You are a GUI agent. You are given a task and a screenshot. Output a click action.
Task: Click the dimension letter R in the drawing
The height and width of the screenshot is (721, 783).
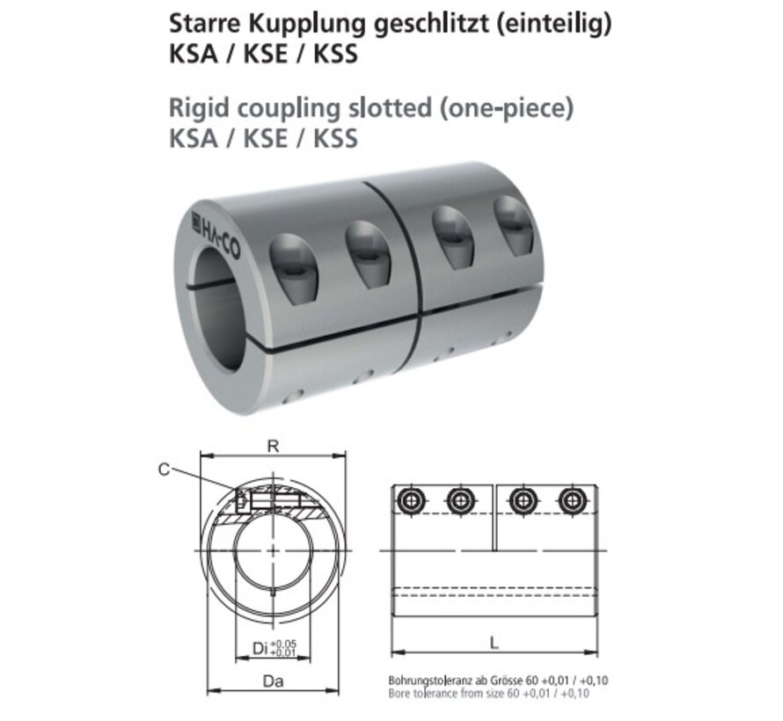(274, 446)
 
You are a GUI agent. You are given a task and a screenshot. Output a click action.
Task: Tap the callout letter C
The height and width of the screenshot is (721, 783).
(164, 470)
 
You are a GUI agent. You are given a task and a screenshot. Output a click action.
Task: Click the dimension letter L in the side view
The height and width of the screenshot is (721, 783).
(494, 643)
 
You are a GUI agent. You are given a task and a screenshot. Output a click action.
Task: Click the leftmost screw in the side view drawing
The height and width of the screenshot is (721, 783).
(410, 501)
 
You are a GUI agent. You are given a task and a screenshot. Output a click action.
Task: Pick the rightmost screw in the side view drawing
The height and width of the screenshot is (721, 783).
(570, 501)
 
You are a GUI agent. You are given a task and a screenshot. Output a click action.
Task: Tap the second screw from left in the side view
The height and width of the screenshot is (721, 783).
(458, 501)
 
